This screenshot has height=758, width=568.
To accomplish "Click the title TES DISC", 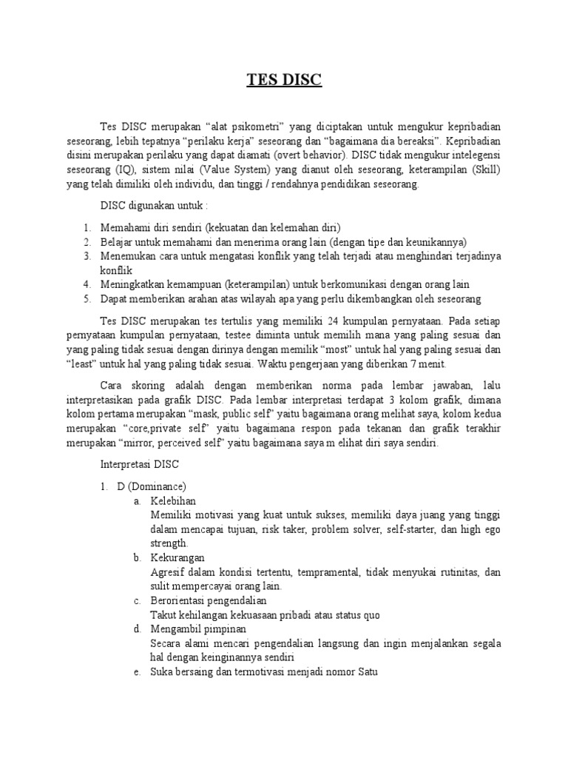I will (284, 80).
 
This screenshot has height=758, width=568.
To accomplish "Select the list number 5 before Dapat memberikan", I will (87, 299).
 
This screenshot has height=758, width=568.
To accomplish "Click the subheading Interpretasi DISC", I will (135, 465).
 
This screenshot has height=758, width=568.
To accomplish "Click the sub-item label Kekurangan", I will (177, 557).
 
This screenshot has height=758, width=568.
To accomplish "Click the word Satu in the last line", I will (365, 673).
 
